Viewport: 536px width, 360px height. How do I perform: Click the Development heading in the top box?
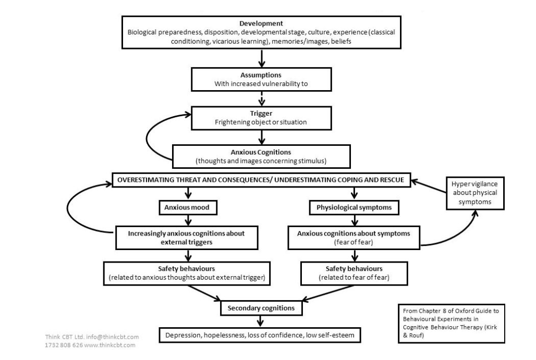(261, 23)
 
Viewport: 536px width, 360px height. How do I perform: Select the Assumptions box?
(262, 79)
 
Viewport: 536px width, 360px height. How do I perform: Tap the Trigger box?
(262, 118)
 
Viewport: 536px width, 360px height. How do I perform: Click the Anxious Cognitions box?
(262, 156)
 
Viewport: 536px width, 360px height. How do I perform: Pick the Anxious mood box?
(188, 207)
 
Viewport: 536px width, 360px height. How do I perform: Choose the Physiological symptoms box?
(354, 207)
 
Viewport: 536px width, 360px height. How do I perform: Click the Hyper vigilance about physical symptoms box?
(475, 193)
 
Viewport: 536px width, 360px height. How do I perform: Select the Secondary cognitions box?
(262, 308)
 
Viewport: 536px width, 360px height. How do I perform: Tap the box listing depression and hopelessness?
(260, 335)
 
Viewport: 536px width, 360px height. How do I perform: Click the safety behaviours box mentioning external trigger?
(187, 273)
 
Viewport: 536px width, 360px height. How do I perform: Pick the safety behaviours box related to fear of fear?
(354, 273)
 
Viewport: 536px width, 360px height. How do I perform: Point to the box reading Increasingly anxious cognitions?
(187, 238)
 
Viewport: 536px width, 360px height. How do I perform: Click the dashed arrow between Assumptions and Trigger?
(262, 98)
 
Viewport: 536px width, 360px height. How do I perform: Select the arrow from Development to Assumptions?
(262, 58)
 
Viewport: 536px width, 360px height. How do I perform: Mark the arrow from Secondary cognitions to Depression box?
(261, 321)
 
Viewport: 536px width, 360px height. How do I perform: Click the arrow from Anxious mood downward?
(188, 220)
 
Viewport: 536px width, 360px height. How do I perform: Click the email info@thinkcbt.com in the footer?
(113, 337)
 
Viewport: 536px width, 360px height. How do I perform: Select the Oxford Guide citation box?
(452, 324)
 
